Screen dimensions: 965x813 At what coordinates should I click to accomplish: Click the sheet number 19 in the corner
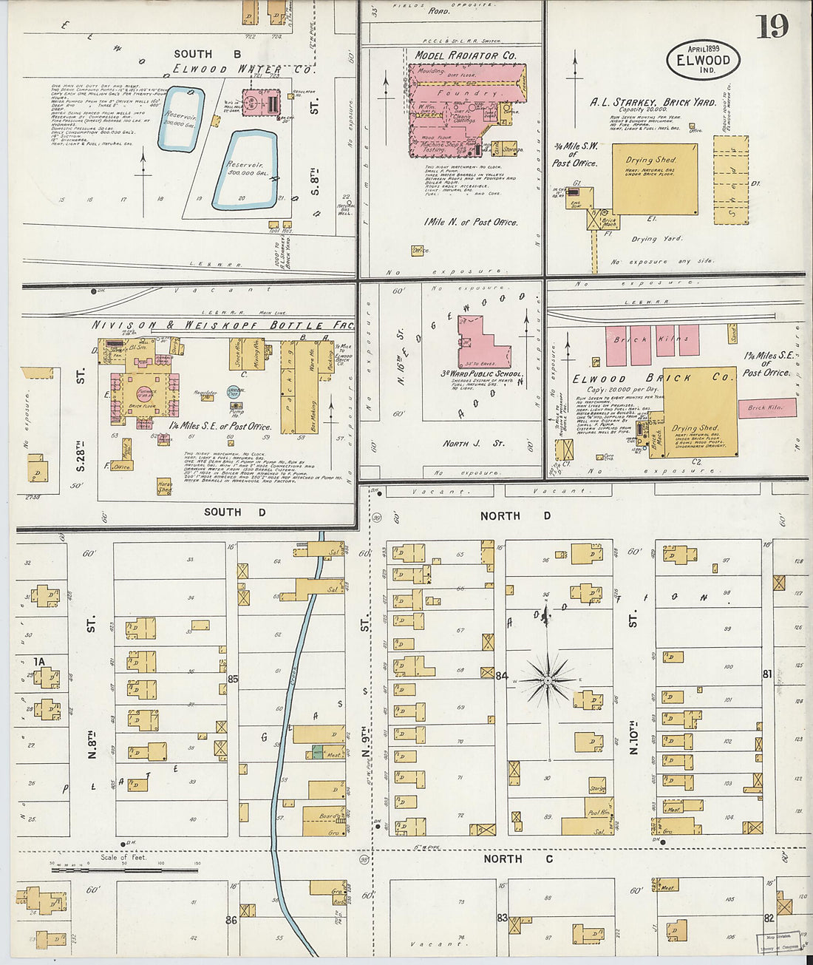click(x=772, y=27)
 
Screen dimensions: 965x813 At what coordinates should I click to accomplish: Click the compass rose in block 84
click(x=547, y=679)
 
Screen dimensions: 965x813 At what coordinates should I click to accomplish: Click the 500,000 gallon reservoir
click(x=245, y=171)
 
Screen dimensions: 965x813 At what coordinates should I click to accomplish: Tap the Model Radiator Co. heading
click(x=465, y=55)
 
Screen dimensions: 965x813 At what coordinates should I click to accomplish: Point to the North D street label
click(x=515, y=515)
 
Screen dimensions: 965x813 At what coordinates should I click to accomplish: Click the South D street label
click(x=234, y=512)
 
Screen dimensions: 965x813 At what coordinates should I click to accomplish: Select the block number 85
click(x=233, y=679)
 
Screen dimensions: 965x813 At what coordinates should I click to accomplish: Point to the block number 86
click(x=231, y=920)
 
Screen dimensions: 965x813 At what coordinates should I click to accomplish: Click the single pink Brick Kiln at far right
click(x=766, y=407)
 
